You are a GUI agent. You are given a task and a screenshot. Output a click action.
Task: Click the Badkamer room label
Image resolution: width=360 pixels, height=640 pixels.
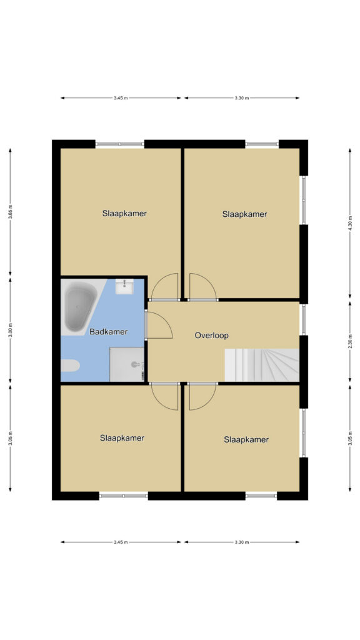tap(109, 332)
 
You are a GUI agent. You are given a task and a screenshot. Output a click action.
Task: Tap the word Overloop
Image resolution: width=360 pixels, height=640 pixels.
tap(211, 336)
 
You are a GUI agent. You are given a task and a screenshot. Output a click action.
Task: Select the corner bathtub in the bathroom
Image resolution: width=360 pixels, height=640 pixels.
tap(81, 307)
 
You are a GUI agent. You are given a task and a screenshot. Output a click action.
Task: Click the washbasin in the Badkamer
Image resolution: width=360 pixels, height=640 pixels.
tap(124, 286)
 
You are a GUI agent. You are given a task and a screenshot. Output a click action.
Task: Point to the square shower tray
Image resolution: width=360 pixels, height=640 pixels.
tap(127, 364)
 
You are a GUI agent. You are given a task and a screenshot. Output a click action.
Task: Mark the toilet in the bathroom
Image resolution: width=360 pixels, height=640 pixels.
tap(70, 365)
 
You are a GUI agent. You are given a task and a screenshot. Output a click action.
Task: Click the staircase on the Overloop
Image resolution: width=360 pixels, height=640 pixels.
tap(262, 365)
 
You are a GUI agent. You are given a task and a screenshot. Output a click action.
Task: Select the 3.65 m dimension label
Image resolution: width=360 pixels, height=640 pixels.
tap(10, 212)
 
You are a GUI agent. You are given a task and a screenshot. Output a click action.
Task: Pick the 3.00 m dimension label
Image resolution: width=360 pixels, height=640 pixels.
tap(10, 331)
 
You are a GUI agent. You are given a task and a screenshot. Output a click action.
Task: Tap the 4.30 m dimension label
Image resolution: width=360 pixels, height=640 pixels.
tap(350, 223)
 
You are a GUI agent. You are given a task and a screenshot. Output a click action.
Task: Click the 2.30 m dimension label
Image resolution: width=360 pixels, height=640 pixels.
tap(350, 341)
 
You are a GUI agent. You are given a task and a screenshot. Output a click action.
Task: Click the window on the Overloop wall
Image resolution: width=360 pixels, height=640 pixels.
tap(303, 319)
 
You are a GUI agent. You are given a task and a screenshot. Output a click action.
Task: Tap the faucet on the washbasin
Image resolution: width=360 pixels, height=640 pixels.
tap(124, 282)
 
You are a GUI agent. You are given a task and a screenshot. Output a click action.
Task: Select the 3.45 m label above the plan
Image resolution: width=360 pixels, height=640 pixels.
tap(121, 98)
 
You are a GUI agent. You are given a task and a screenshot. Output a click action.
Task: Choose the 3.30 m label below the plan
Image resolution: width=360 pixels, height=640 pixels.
tap(242, 542)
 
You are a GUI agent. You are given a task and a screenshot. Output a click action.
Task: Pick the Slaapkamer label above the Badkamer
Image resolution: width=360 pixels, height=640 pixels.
tap(124, 213)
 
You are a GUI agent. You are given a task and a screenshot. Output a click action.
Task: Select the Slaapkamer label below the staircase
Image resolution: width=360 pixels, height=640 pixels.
tap(246, 439)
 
